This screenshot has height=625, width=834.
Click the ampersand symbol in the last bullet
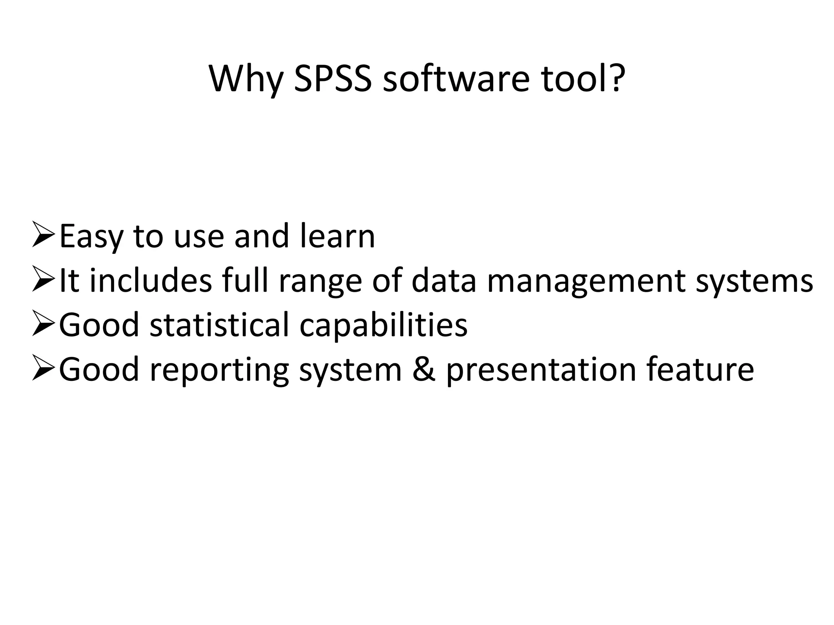coord(424,369)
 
